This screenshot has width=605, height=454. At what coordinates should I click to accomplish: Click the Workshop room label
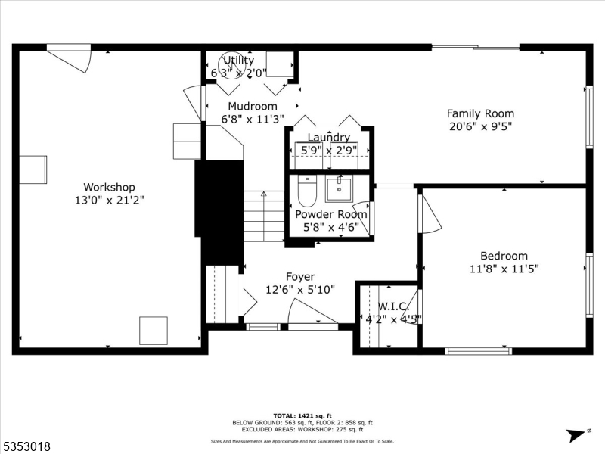click(x=109, y=187)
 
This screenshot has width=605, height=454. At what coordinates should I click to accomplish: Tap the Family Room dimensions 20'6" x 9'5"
click(x=481, y=127)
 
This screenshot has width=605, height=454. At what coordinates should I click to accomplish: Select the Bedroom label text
click(x=504, y=256)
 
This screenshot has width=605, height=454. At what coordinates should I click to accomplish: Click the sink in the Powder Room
click(x=338, y=188)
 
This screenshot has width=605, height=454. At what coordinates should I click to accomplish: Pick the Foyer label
click(x=300, y=277)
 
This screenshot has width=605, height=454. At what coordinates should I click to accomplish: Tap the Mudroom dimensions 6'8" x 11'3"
click(x=253, y=119)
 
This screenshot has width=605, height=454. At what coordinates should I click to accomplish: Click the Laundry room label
click(x=328, y=138)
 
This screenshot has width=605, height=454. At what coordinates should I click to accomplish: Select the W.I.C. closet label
click(x=393, y=306)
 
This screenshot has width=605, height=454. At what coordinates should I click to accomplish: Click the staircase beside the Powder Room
click(x=263, y=216)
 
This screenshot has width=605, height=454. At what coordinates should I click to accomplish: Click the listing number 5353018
click(x=26, y=446)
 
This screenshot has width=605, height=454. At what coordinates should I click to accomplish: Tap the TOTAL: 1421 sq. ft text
click(x=302, y=416)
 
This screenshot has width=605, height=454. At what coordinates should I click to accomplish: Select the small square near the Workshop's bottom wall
click(x=154, y=331)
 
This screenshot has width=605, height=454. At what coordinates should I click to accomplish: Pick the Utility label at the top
click(x=238, y=61)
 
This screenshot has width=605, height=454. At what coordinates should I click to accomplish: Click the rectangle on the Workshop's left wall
click(x=33, y=169)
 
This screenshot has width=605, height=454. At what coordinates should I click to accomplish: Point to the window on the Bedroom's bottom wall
click(x=478, y=350)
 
